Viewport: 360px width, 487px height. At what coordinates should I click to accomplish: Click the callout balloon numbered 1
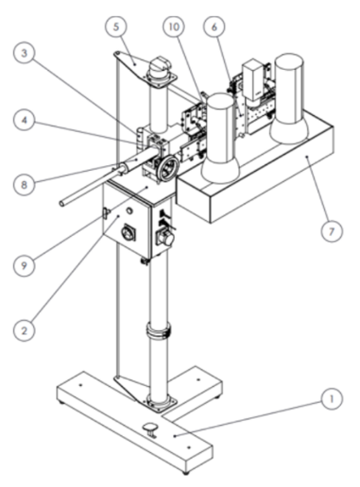(x=332, y=399)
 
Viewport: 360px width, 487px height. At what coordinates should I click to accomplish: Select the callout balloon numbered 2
(x=24, y=330)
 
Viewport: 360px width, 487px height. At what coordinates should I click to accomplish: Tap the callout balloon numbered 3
(x=24, y=53)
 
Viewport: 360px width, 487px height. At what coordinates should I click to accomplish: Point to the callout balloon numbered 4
(x=24, y=120)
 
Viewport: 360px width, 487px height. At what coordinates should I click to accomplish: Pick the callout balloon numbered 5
(x=116, y=27)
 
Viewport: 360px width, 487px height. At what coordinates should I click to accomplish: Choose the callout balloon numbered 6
(x=214, y=27)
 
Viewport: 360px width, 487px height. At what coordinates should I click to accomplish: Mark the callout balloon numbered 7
(x=332, y=231)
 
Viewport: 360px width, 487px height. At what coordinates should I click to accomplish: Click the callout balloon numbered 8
(x=24, y=185)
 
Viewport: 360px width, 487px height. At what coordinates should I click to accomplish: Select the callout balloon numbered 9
(x=24, y=265)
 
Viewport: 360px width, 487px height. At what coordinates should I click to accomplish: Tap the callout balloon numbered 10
(x=174, y=27)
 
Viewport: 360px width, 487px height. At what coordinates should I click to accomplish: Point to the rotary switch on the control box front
(x=128, y=233)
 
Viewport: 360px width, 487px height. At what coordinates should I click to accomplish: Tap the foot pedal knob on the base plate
(x=150, y=429)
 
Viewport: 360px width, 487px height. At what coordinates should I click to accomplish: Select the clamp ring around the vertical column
(x=158, y=331)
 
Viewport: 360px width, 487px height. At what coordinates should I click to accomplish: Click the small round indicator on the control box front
(x=129, y=211)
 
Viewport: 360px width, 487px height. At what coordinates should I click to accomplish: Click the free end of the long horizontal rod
(x=62, y=203)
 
